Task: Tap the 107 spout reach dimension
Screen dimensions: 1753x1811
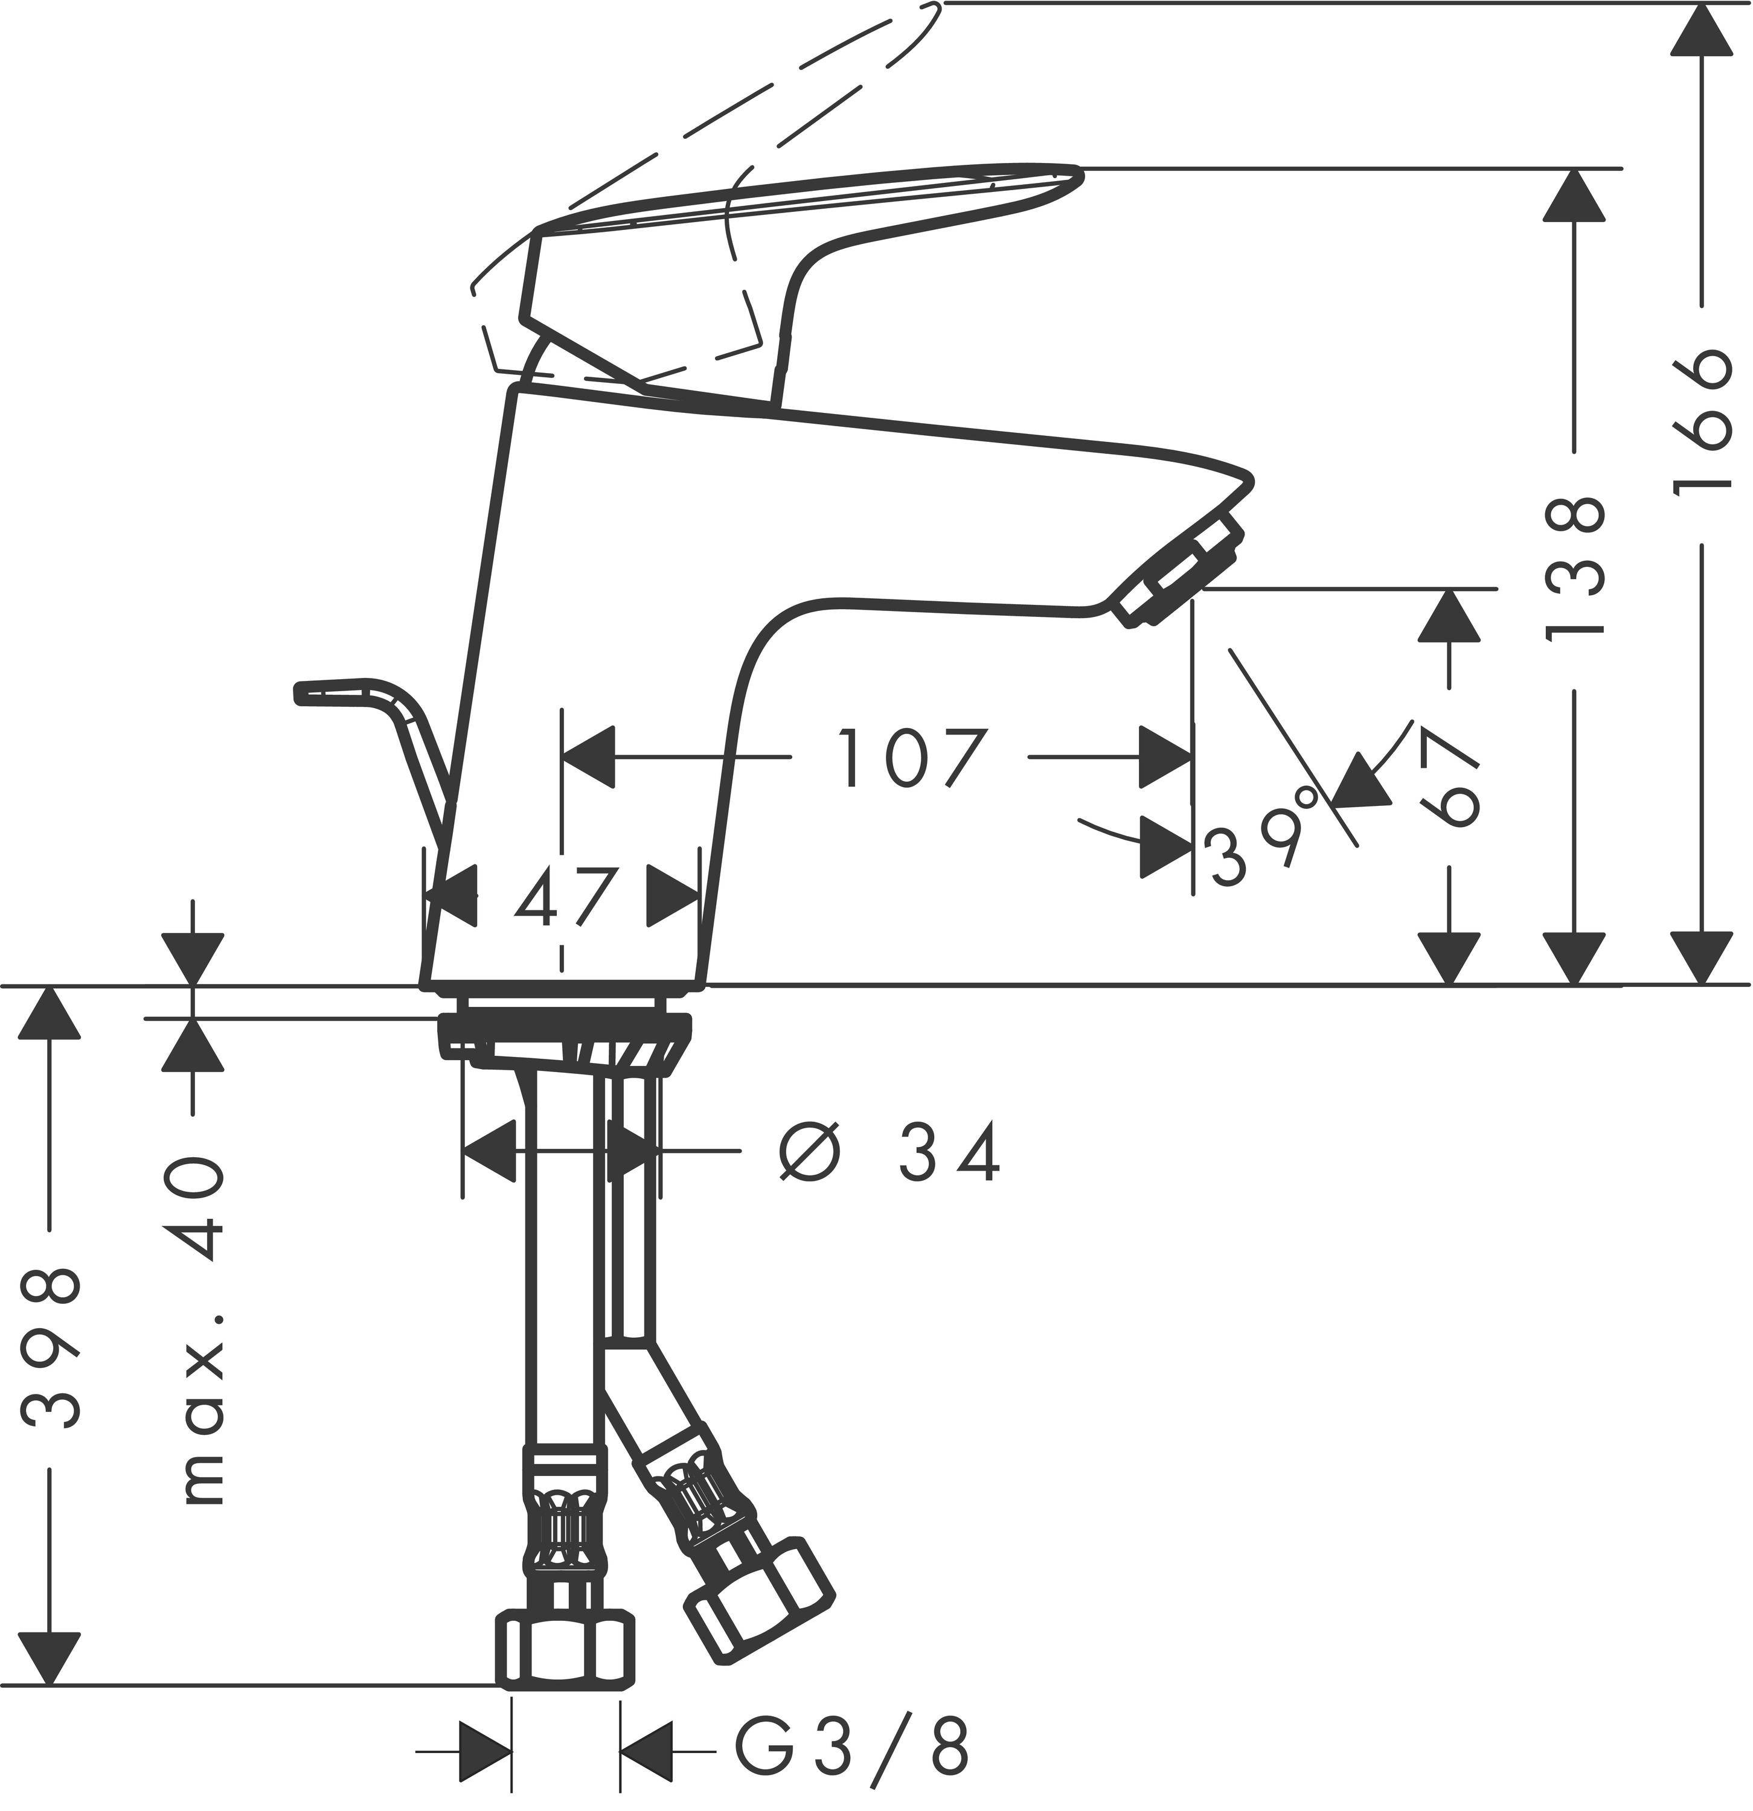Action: click(910, 757)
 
